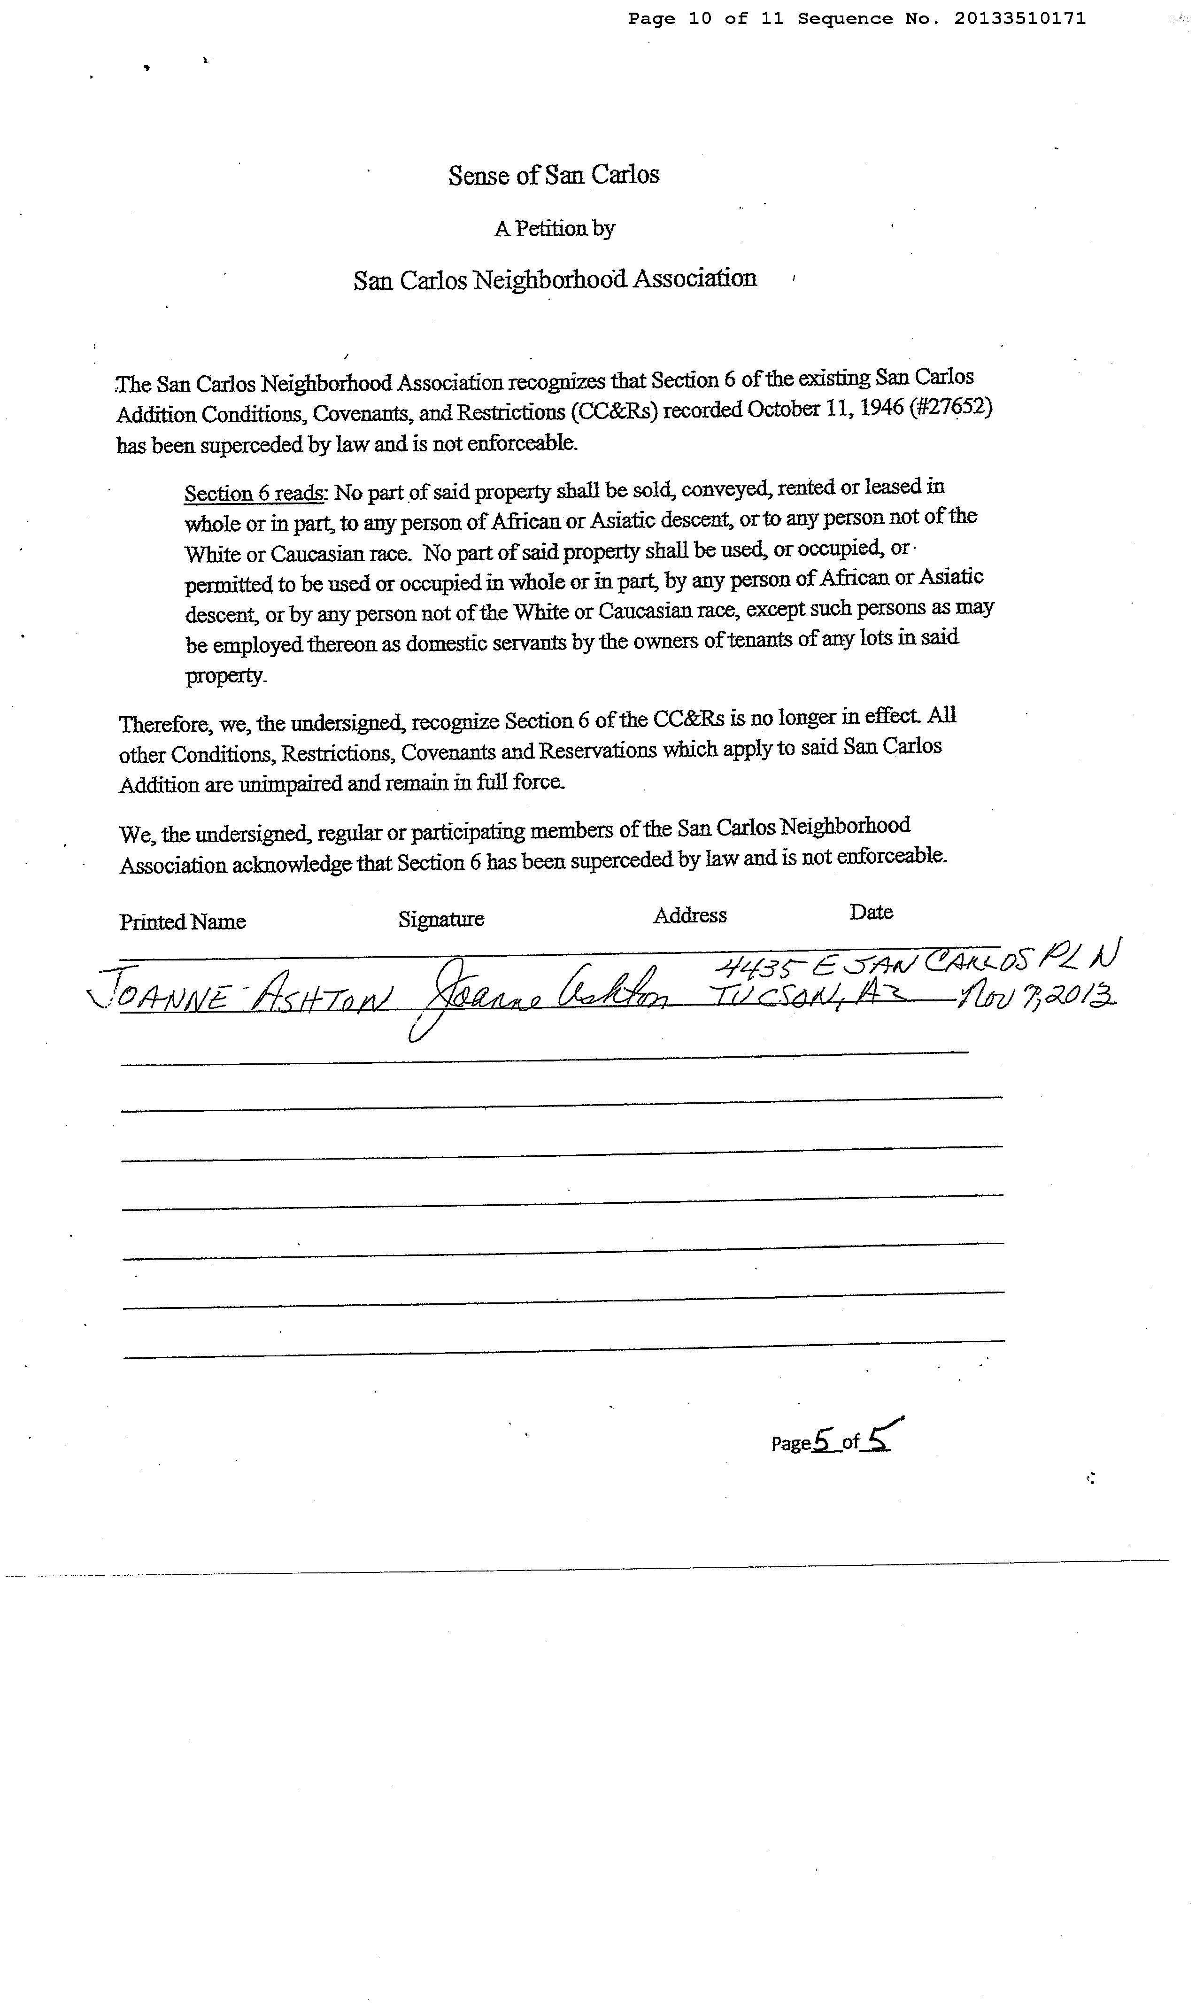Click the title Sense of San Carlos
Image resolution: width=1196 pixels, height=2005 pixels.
[554, 175]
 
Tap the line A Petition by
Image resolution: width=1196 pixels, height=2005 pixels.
[555, 229]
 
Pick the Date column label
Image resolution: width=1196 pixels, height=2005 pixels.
[871, 912]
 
